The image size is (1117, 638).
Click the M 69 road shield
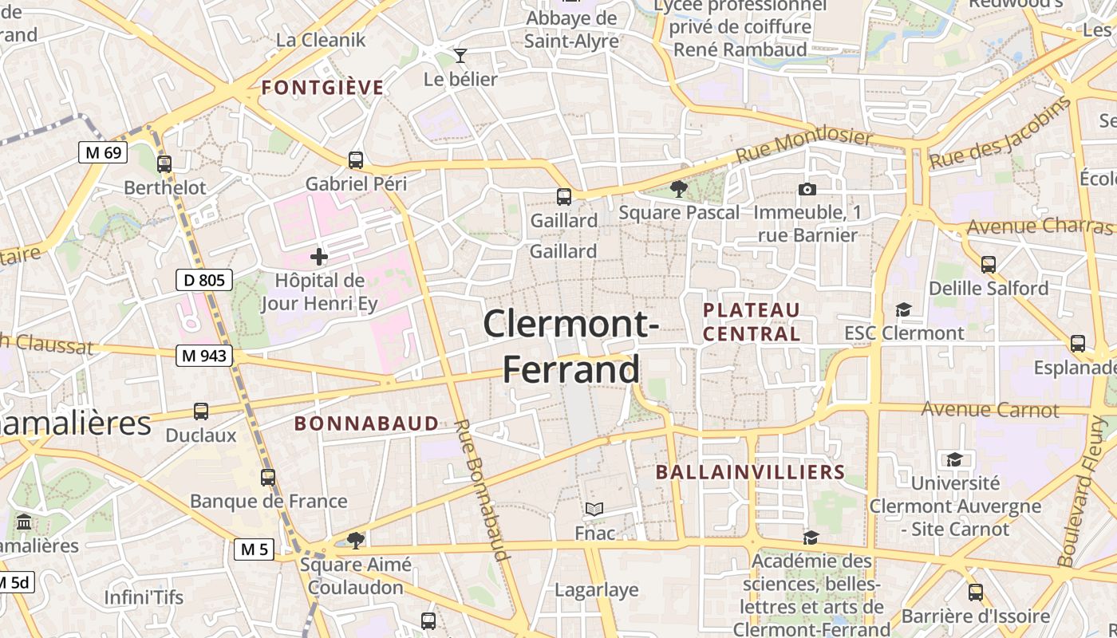click(103, 152)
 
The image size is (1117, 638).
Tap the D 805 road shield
click(204, 280)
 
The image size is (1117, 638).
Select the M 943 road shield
click(204, 356)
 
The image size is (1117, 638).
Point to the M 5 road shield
click(255, 549)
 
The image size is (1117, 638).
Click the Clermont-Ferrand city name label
click(571, 347)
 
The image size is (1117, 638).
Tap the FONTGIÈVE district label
click(323, 88)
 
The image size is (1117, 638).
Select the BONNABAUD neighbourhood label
click(367, 423)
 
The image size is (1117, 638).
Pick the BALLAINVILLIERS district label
click(750, 472)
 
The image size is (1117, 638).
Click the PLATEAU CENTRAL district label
click(752, 321)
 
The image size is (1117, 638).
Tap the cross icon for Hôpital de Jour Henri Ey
click(319, 257)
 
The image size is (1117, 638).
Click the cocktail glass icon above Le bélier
click(460, 55)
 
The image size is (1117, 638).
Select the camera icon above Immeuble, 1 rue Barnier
click(807, 189)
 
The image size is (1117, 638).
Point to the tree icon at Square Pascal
click(679, 189)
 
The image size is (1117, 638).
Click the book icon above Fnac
click(594, 509)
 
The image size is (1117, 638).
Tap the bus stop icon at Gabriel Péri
click(356, 159)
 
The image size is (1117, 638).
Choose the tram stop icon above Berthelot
click(164, 164)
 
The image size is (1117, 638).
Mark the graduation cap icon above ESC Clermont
click(903, 309)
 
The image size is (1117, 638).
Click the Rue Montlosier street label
click(803, 144)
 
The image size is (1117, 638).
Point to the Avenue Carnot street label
click(990, 410)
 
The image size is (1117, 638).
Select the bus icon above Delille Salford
click(989, 264)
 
